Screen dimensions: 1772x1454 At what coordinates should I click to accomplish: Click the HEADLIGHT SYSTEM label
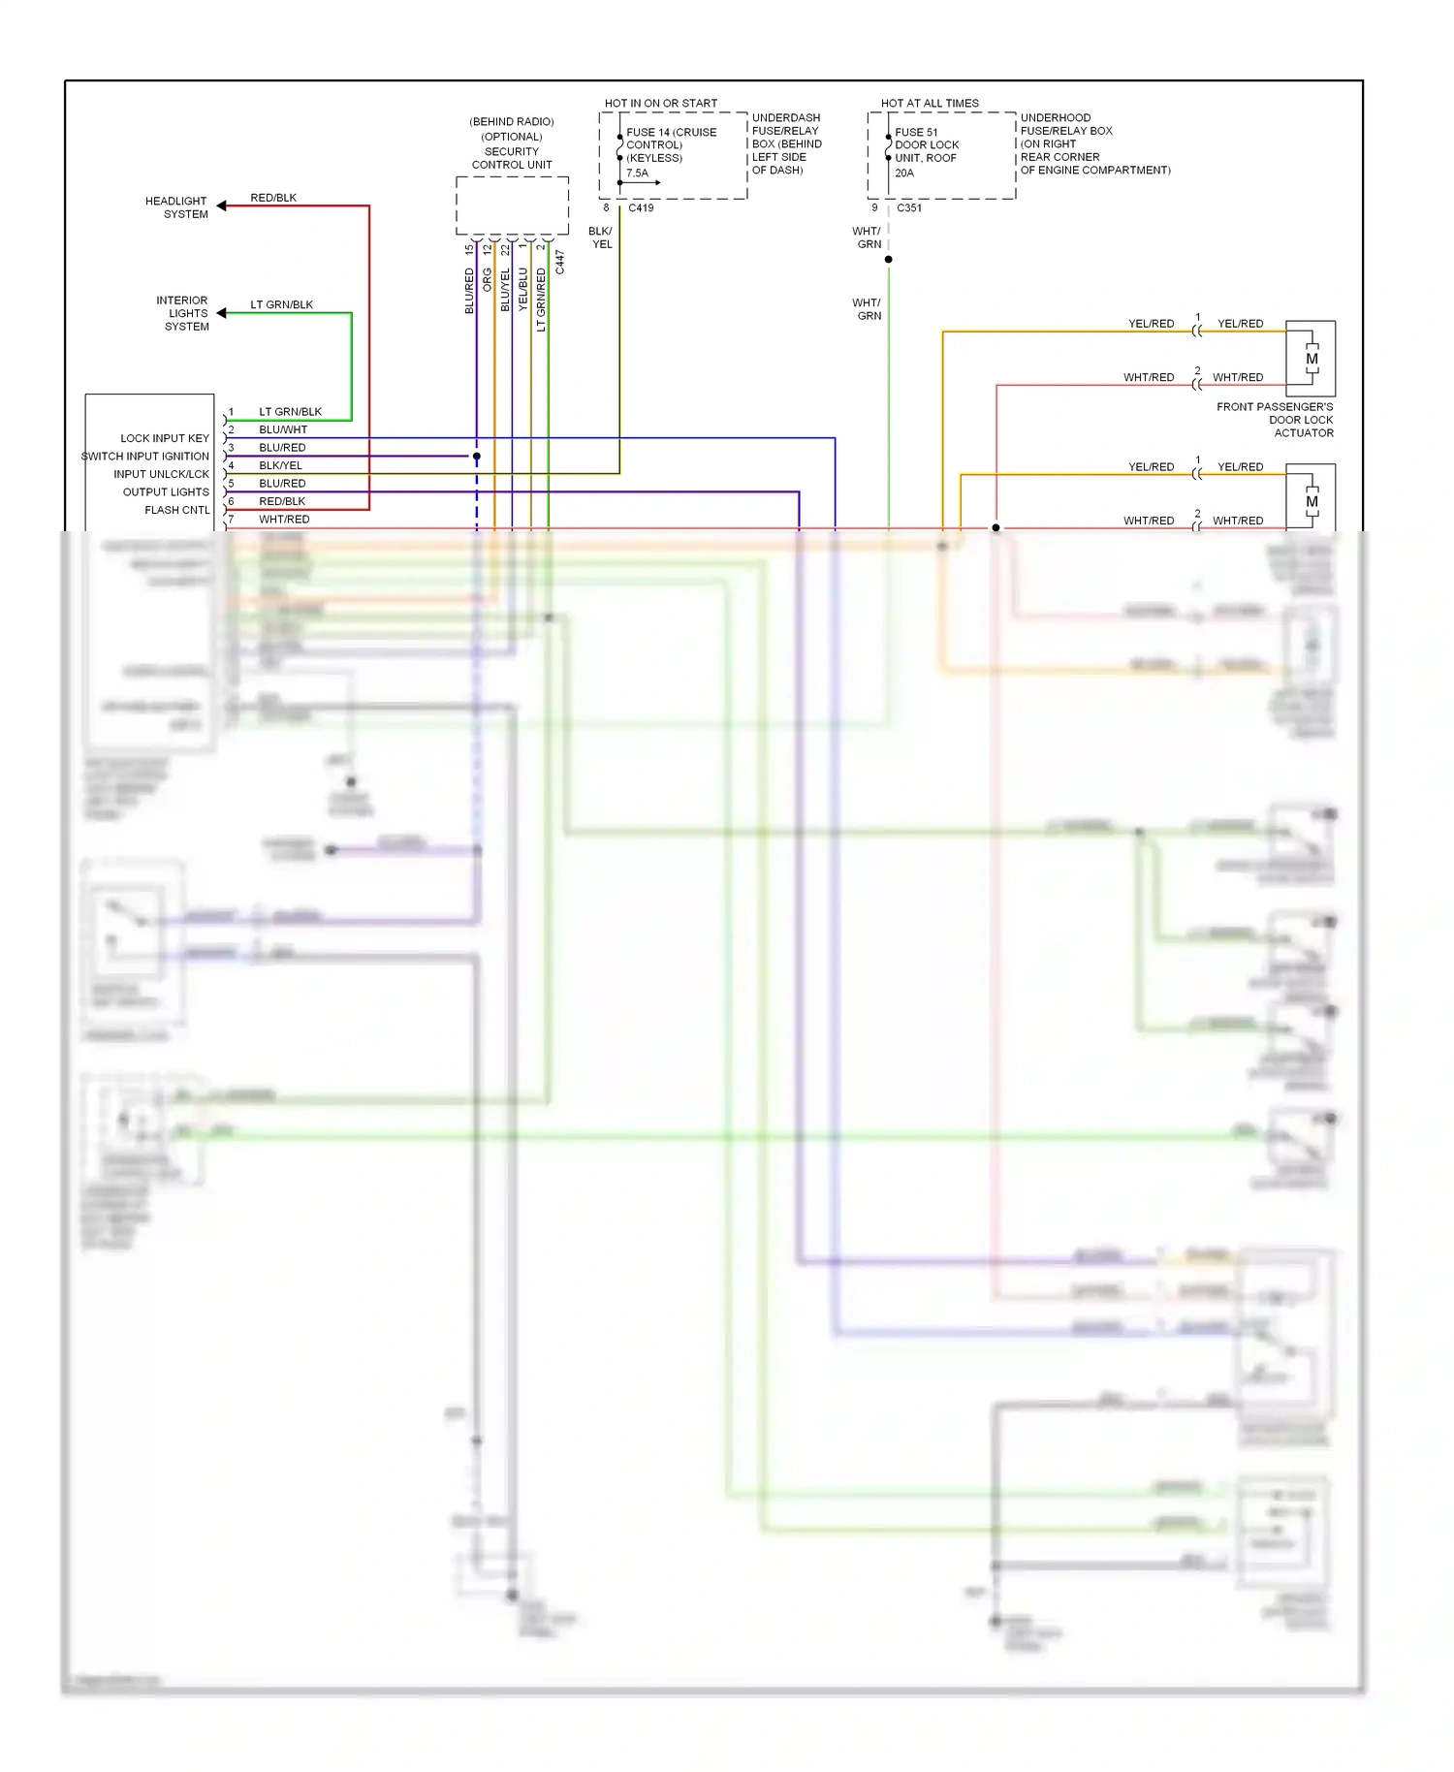tap(176, 207)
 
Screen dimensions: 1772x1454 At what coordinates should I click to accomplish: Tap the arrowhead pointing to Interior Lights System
tap(222, 313)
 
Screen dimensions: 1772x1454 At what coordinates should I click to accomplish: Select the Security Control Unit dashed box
tap(512, 206)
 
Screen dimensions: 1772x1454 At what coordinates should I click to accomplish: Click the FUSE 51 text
tap(916, 132)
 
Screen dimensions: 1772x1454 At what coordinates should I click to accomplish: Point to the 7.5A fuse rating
tap(637, 174)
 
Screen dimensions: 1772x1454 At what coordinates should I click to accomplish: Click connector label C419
tap(641, 208)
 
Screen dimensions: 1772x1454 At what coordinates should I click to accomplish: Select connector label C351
tap(909, 208)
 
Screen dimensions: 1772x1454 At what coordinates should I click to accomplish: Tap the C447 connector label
tap(559, 263)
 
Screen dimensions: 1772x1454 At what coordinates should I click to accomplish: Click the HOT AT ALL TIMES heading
tap(930, 103)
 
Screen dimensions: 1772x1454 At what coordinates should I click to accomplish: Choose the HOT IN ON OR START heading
tap(661, 103)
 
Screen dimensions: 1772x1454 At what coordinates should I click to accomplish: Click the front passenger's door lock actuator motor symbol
tap(1311, 359)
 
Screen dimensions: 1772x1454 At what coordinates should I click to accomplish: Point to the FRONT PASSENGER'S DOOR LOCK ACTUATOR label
tap(1275, 420)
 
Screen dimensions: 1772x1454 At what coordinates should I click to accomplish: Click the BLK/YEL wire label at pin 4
tap(280, 465)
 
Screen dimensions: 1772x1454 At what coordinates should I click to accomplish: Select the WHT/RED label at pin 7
tap(284, 520)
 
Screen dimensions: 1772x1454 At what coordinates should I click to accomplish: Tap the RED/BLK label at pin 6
tap(282, 501)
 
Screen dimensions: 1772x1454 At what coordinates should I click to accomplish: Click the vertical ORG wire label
tap(488, 279)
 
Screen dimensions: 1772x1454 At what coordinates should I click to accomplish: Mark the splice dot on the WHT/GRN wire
tap(888, 260)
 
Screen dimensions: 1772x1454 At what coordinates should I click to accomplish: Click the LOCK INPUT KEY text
tap(165, 438)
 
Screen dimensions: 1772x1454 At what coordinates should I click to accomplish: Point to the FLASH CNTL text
tap(176, 510)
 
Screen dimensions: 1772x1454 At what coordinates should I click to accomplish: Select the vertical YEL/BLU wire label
tap(523, 289)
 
